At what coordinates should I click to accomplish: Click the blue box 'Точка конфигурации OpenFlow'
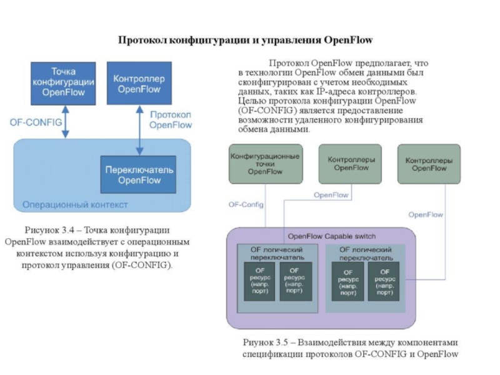(63, 84)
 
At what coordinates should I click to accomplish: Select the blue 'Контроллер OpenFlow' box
(139, 83)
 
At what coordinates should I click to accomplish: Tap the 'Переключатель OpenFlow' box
(138, 174)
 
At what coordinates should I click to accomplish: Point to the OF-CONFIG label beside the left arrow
(36, 122)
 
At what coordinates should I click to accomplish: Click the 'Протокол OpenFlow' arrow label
(171, 120)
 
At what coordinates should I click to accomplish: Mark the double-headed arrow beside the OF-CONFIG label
(66, 122)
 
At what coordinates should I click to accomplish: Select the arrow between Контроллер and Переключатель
(139, 130)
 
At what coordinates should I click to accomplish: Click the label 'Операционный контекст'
(75, 205)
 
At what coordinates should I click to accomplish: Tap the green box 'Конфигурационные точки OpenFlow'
(266, 164)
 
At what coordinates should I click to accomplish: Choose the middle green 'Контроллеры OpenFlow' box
(350, 164)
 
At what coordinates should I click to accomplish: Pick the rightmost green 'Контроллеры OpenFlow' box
(429, 164)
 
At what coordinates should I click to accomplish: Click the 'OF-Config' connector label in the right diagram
(246, 204)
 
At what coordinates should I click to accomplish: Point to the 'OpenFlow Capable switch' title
(332, 236)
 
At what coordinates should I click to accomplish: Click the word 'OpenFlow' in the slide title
(348, 40)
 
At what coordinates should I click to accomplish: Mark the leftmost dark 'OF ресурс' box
(259, 281)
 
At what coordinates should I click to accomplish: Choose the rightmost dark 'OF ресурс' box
(384, 282)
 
